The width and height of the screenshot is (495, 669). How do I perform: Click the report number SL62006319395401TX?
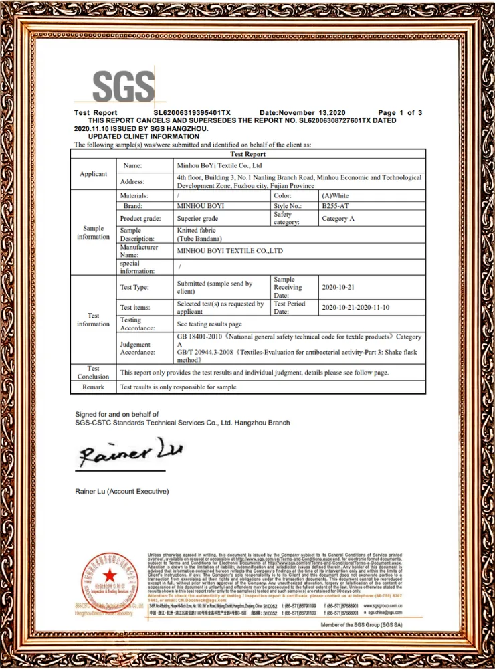pos(192,112)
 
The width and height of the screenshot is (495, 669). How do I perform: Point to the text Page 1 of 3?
pos(400,112)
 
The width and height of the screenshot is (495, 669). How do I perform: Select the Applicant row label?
pos(94,174)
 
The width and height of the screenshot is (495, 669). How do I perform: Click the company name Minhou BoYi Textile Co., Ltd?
pos(218,165)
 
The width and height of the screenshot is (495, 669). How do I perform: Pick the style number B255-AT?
pos(335,207)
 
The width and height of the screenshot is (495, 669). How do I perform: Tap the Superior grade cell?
pos(197,219)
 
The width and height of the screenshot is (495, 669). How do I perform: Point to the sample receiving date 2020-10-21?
pos(341,287)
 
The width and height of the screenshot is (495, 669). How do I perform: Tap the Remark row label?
pos(94,387)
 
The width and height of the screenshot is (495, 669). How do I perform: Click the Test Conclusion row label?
pos(94,372)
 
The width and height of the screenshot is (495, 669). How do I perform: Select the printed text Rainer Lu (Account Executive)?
pos(122,492)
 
